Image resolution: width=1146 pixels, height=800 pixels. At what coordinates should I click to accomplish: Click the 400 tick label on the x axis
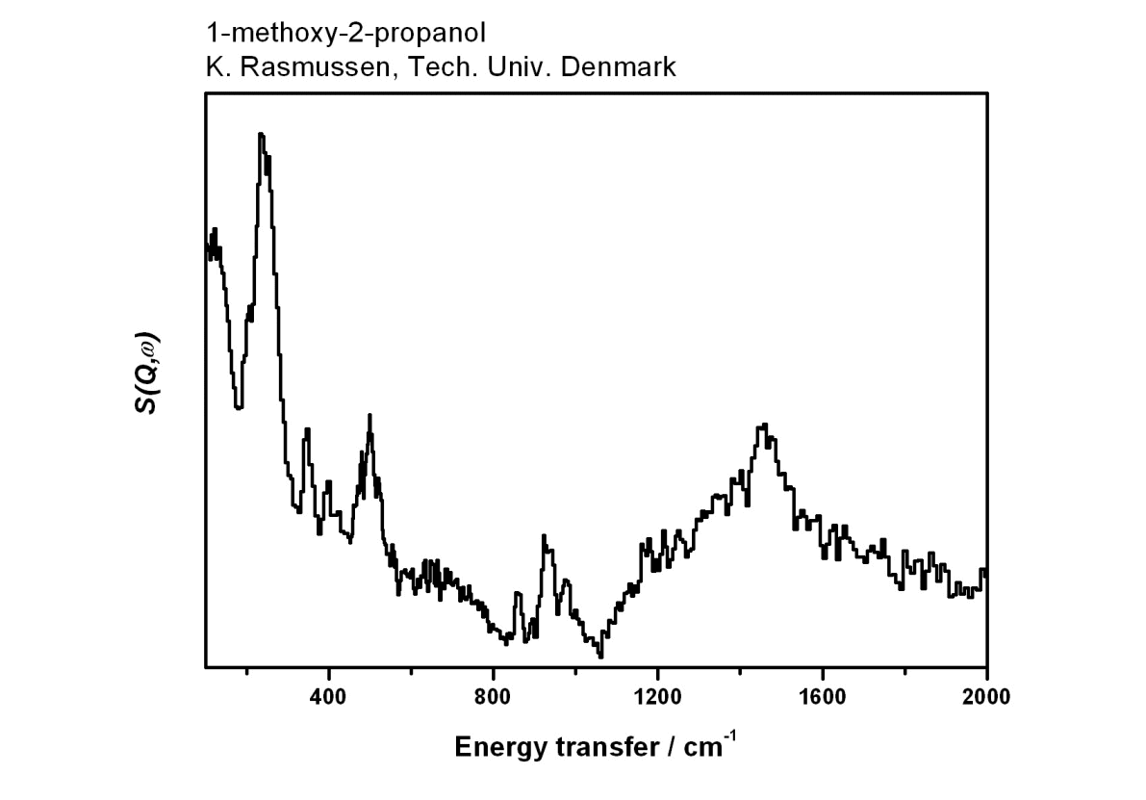point(329,697)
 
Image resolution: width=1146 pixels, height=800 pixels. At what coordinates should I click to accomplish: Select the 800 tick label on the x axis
point(494,697)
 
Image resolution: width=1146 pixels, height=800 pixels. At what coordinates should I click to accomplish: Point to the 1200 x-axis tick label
point(658,697)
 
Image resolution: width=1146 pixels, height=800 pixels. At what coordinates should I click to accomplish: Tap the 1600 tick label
point(823,697)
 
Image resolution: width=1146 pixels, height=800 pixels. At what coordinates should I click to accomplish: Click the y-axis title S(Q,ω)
point(147,374)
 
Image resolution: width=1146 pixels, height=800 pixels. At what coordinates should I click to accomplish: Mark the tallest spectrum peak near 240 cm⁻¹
point(261,136)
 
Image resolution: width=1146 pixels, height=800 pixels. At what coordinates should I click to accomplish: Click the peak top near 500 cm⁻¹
point(369,416)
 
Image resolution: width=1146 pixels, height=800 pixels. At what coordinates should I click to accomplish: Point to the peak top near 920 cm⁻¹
point(544,536)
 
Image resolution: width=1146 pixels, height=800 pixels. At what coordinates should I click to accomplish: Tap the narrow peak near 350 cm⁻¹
point(307,429)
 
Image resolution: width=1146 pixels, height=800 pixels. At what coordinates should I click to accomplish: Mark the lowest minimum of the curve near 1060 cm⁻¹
point(600,657)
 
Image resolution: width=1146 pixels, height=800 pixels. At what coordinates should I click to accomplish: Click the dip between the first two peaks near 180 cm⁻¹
point(239,408)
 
